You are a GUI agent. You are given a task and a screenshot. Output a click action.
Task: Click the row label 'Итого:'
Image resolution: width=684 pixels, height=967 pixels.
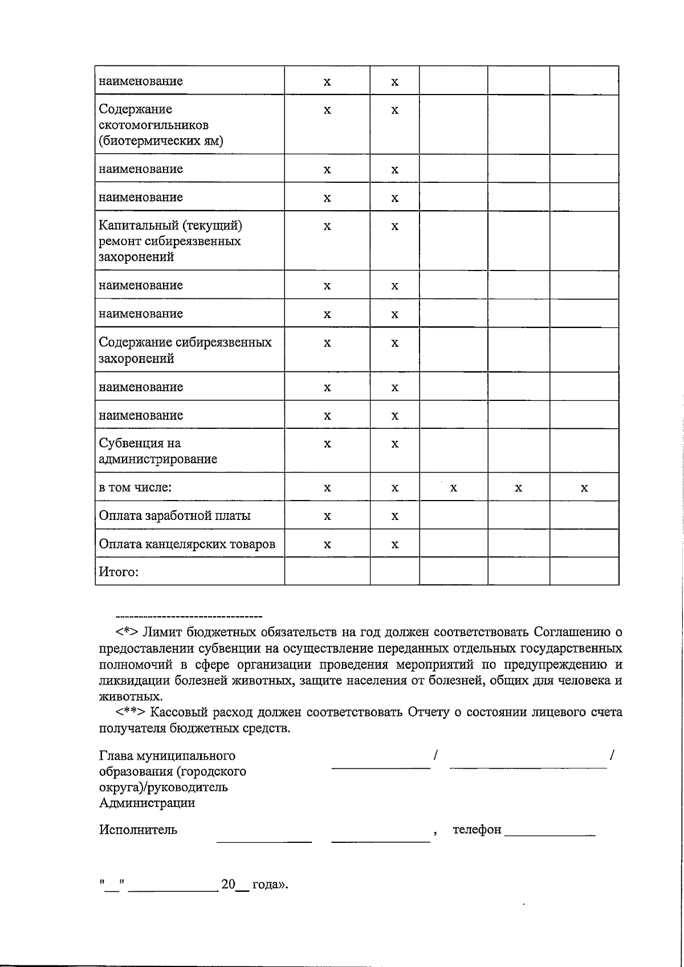119,572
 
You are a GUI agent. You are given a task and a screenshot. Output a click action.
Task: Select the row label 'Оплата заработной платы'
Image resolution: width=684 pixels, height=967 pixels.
174,516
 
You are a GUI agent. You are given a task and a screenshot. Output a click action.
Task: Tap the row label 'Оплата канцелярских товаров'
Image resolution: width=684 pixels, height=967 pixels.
187,544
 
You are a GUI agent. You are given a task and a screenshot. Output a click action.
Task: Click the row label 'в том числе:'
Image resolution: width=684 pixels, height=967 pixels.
136,487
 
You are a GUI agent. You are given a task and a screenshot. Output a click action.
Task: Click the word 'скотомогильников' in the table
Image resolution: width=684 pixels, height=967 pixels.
153,125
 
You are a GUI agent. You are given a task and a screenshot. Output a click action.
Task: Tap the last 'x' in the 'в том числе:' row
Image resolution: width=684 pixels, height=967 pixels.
584,488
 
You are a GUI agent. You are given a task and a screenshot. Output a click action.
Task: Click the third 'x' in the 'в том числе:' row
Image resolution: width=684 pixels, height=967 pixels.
453,488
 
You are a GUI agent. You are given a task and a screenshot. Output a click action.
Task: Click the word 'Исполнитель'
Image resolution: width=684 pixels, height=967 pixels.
138,830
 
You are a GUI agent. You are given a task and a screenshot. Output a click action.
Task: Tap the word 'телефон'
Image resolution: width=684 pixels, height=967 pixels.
477,830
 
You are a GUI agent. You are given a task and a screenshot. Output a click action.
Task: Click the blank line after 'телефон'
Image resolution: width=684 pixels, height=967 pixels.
549,834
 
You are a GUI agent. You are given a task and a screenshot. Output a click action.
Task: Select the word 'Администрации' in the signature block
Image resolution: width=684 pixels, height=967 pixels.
147,803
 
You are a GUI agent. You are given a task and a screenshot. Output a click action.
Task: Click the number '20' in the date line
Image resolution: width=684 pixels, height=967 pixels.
228,884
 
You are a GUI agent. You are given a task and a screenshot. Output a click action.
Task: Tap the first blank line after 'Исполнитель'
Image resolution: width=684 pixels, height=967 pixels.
264,840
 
